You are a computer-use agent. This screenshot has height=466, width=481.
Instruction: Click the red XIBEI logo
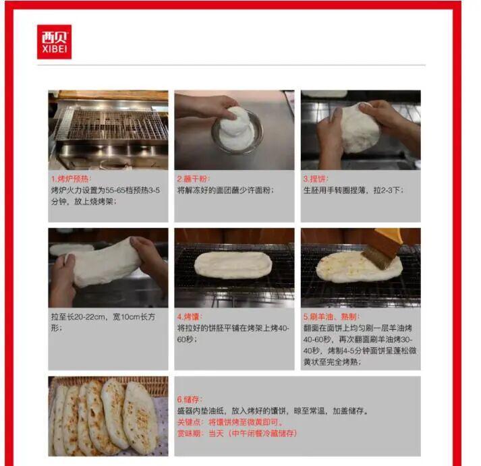coord(54,42)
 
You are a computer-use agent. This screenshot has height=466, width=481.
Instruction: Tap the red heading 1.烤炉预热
coord(71,179)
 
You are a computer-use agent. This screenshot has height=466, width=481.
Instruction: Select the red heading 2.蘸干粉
coord(193,179)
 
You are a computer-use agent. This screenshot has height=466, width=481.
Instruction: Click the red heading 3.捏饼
coord(316,179)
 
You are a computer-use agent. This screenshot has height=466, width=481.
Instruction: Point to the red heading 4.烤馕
coord(190,317)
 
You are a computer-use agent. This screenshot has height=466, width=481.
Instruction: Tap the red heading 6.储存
coord(190,399)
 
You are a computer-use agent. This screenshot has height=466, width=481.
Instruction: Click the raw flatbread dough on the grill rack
coord(233,265)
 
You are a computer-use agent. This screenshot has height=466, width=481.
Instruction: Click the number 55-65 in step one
coord(115,190)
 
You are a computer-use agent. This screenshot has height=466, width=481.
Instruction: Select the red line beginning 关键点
coord(230,422)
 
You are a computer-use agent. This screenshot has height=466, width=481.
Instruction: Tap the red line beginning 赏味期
coord(237,434)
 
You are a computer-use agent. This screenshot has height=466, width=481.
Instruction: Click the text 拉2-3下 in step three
coord(389,190)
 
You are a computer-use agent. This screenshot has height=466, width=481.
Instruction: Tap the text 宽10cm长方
coord(134,317)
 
